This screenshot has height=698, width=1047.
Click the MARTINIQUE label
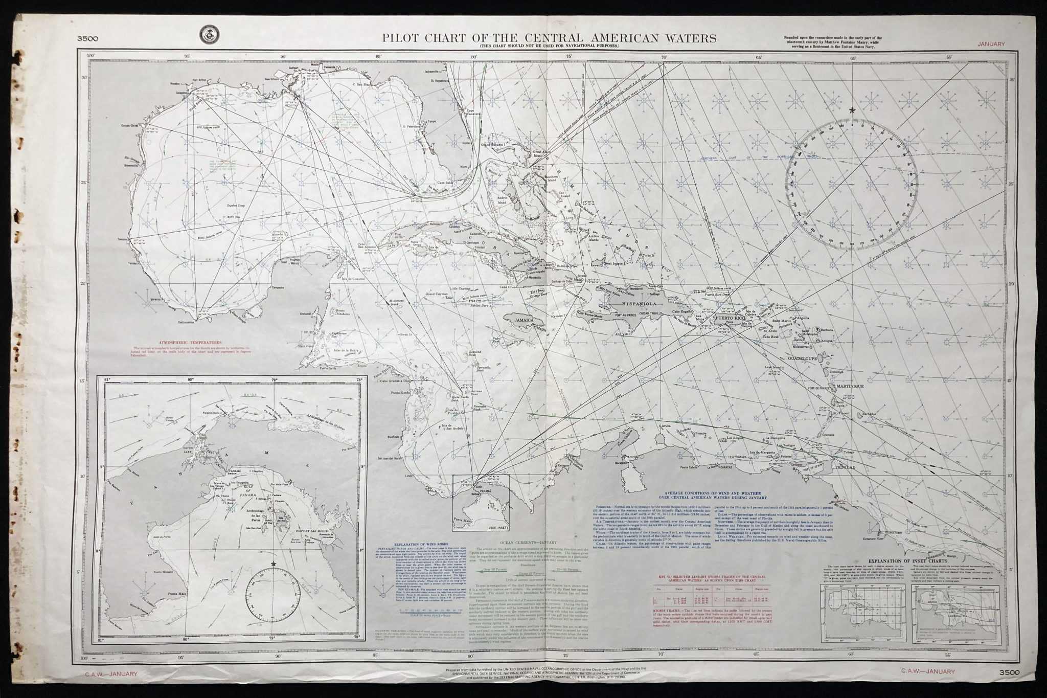[850, 386]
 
